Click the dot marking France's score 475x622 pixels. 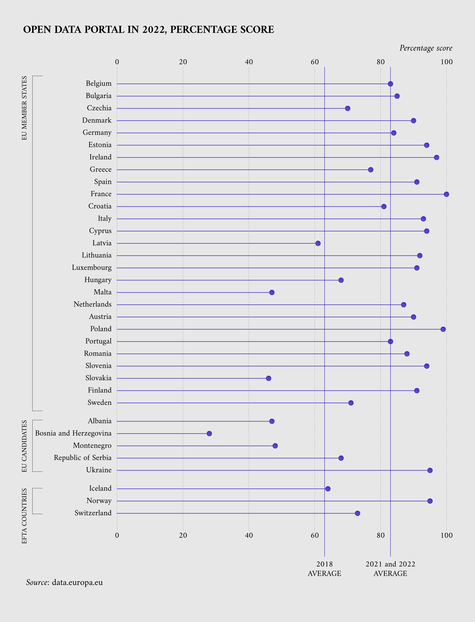(x=446, y=194)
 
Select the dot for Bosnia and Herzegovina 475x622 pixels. (x=209, y=433)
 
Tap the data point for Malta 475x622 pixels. (x=272, y=292)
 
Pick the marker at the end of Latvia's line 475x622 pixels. (x=318, y=243)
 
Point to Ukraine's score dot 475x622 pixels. (x=430, y=470)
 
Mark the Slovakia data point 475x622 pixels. (x=268, y=378)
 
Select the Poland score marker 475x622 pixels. (x=443, y=329)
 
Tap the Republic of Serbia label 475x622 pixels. (x=83, y=458)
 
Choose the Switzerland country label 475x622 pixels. (x=93, y=513)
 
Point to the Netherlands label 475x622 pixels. (x=92, y=304)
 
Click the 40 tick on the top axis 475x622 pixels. (x=249, y=62)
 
